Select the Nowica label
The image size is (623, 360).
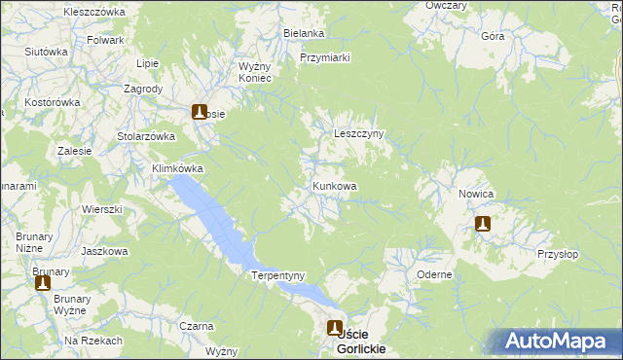tap(476, 194)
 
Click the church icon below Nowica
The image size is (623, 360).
tap(482, 224)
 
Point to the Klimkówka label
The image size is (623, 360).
tap(177, 167)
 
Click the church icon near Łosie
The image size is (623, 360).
tap(200, 112)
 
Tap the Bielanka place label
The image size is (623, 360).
tap(304, 33)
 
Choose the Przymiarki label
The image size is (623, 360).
tap(325, 57)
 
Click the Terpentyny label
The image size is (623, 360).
tap(279, 275)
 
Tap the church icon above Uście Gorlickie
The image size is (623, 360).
tap(335, 329)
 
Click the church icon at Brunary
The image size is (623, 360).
tap(43, 283)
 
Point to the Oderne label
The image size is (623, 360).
tap(434, 274)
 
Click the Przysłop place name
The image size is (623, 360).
tap(557, 254)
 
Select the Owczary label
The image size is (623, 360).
tap(446, 5)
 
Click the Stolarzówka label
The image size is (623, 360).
tap(145, 136)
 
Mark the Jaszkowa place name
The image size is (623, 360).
tap(105, 251)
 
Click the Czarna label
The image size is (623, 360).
tap(197, 326)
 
